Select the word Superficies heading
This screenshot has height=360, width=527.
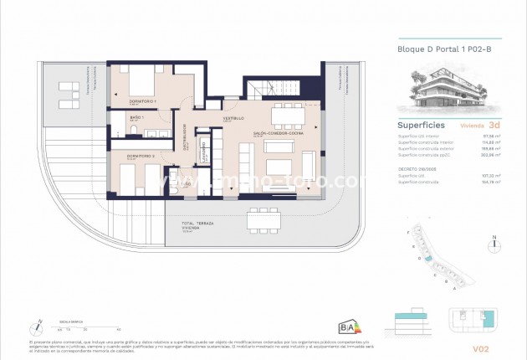click(x=421, y=126)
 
